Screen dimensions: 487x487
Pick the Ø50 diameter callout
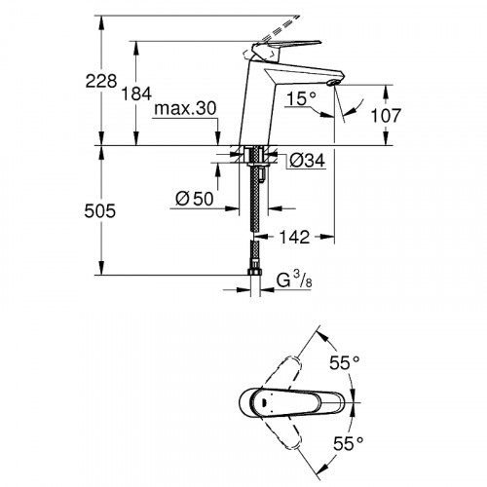point(194,199)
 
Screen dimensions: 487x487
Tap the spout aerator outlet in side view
point(334,85)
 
